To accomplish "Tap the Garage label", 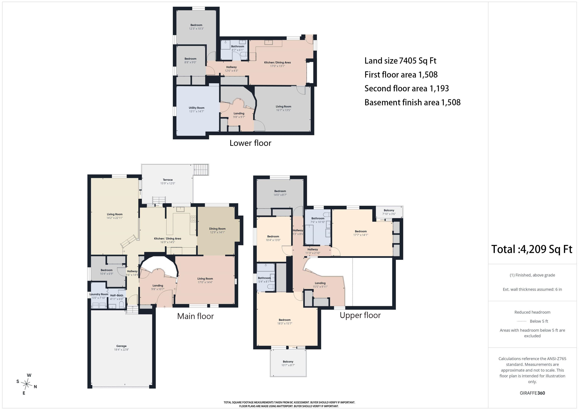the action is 121,346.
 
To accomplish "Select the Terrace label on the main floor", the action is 168,180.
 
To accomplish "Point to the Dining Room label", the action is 217,229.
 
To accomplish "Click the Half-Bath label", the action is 117,295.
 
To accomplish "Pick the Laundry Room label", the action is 99,294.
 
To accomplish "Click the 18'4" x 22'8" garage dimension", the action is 121,350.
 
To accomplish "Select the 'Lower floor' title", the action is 250,143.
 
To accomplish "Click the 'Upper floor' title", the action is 360,315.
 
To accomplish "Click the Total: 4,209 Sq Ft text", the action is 532,249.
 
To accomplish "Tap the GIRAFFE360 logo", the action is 532,393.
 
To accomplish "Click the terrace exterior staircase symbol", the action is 201,169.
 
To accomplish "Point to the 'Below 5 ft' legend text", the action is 539,321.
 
